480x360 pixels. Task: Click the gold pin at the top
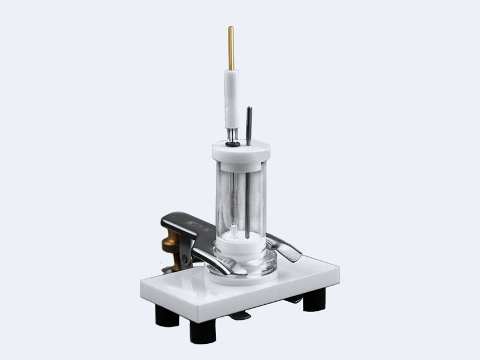[230, 47]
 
